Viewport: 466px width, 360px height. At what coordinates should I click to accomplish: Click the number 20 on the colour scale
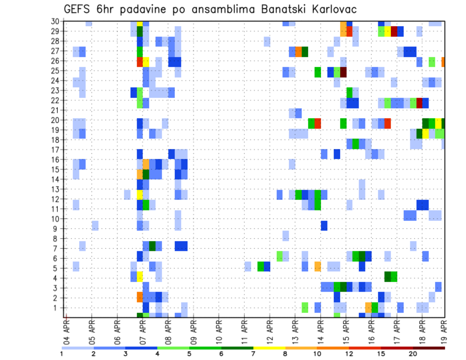pyautogui.click(x=412, y=354)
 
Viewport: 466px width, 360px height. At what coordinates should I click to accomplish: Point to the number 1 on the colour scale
pyautogui.click(x=61, y=354)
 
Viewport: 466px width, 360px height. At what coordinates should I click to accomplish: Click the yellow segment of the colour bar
pyautogui.click(x=269, y=348)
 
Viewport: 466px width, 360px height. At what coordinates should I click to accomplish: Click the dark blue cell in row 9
pyautogui.click(x=324, y=226)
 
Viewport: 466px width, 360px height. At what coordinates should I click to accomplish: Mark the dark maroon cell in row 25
pyautogui.click(x=344, y=72)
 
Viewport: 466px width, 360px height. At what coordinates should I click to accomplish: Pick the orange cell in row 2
pyautogui.click(x=140, y=296)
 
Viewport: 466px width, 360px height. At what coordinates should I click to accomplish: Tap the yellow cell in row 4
pyautogui.click(x=140, y=277)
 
